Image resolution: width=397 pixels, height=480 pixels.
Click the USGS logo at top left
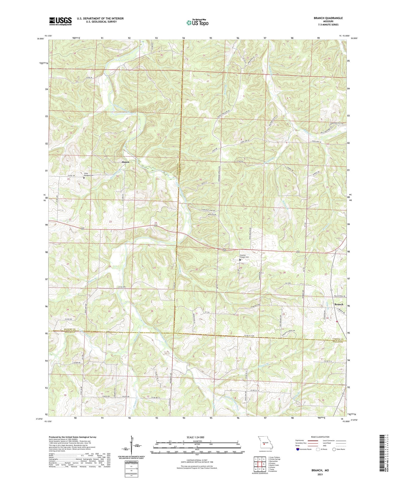pos(60,21)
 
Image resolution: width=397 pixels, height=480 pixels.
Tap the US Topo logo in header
pos(197,23)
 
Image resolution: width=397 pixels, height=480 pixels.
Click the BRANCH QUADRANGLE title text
pos(329,18)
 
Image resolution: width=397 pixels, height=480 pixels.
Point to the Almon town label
pos(125,162)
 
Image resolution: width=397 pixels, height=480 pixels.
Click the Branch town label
pos(339,304)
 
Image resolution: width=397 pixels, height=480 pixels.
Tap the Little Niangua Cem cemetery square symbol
pos(84,178)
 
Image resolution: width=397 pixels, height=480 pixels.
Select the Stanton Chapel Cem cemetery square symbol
pos(240,260)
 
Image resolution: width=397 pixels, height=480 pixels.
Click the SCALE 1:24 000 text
pos(197,437)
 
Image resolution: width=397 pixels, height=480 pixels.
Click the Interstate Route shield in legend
pos(298,449)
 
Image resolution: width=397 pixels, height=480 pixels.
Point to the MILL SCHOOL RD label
pos(340,296)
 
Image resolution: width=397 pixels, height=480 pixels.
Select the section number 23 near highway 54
pos(110,221)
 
